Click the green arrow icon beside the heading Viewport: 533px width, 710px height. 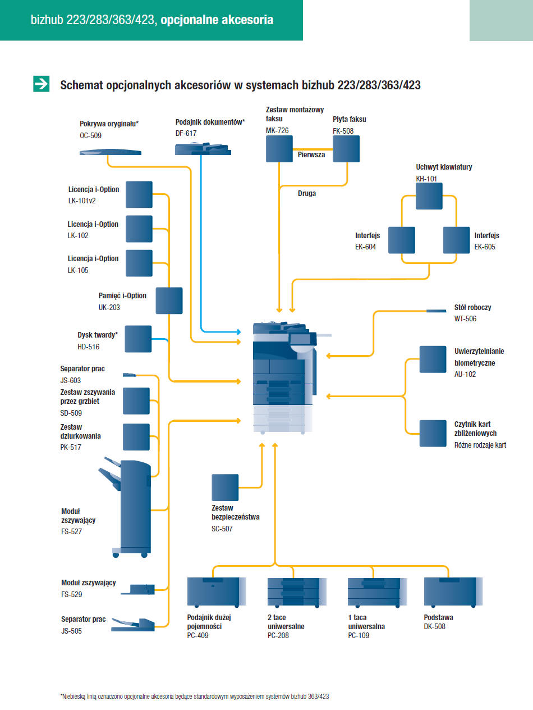42,84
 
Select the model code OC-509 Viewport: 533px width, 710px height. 90,135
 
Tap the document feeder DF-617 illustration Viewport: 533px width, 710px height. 203,149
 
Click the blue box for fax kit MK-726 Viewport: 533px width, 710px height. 279,149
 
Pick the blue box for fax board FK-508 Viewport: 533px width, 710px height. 346,149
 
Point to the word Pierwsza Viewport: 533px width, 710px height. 311,154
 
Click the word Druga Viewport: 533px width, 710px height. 307,193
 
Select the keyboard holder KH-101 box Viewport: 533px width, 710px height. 429,196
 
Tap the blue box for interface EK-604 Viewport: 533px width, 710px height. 402,240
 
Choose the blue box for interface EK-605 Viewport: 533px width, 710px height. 456,240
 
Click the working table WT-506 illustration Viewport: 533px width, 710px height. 436,311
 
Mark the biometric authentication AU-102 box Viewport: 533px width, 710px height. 433,359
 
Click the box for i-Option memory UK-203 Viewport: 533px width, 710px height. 169,301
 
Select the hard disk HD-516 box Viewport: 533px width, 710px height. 138,339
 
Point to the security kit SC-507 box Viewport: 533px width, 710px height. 225,488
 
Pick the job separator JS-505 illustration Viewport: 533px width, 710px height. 133,625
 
